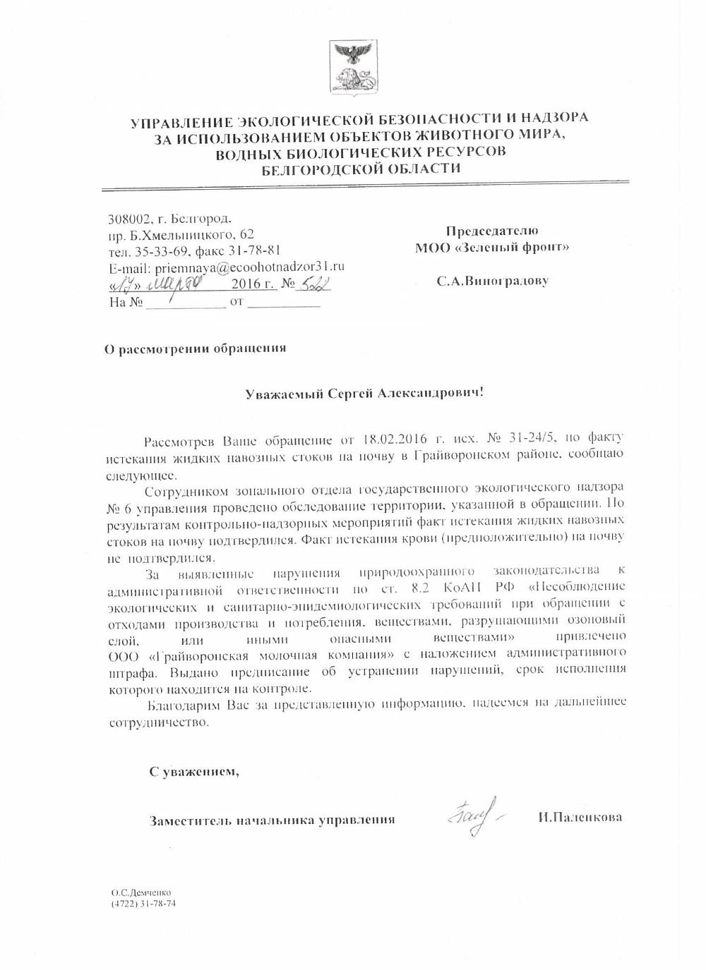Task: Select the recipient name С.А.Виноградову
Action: [x=492, y=281]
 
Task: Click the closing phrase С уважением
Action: [x=194, y=772]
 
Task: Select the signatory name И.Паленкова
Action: [x=579, y=818]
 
